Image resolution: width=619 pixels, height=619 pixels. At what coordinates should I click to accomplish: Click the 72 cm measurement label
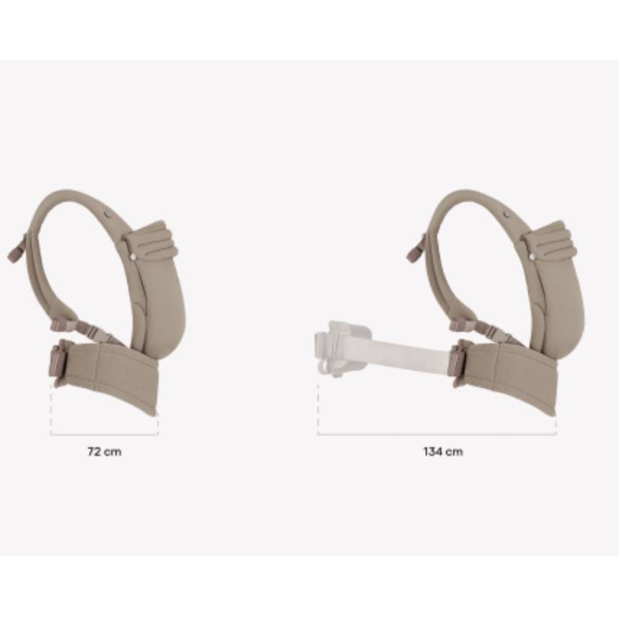(104, 452)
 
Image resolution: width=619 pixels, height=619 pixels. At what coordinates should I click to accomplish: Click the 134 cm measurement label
(443, 452)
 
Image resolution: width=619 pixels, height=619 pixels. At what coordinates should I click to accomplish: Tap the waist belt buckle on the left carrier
(58, 361)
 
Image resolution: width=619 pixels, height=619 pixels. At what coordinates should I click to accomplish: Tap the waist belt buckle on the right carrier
(459, 361)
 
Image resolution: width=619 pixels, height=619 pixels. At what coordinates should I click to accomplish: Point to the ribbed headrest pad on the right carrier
(550, 240)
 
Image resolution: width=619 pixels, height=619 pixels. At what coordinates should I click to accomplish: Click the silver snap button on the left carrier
(133, 257)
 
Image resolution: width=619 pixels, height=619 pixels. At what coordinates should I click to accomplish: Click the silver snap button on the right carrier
(532, 257)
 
